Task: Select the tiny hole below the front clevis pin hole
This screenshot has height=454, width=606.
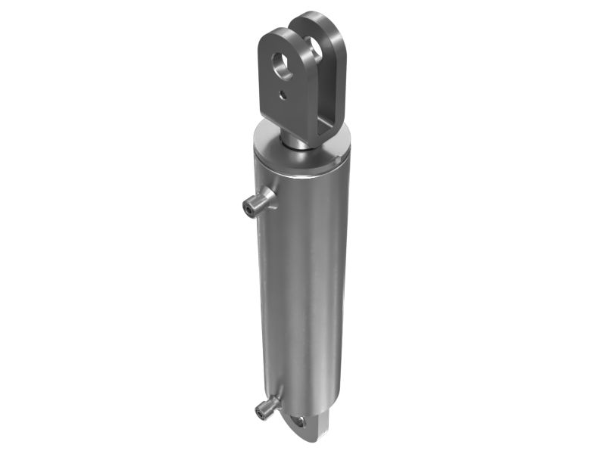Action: [280, 96]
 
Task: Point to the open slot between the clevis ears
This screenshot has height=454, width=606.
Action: [313, 83]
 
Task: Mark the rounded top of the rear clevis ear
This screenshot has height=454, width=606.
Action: [324, 17]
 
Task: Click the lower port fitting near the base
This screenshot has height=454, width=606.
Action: [267, 405]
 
